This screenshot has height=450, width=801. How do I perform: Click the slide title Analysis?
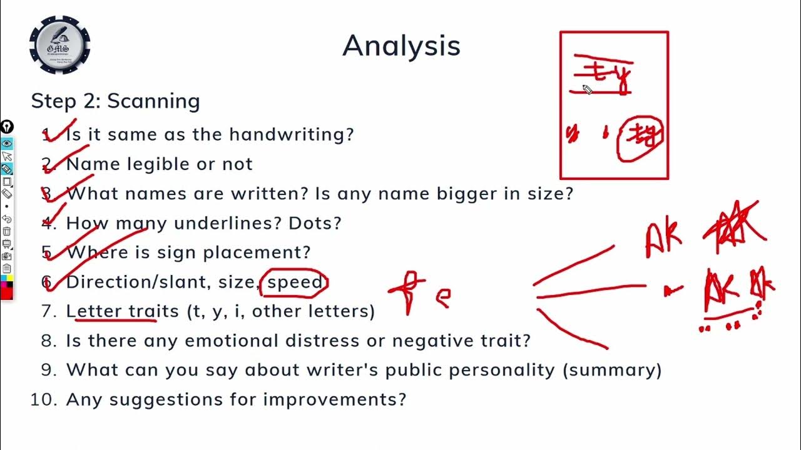pyautogui.click(x=401, y=46)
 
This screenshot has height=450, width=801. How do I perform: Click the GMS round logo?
pyautogui.click(x=60, y=45)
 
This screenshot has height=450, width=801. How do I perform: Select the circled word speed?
pyautogui.click(x=294, y=282)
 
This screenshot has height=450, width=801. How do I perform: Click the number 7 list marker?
pyautogui.click(x=49, y=311)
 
